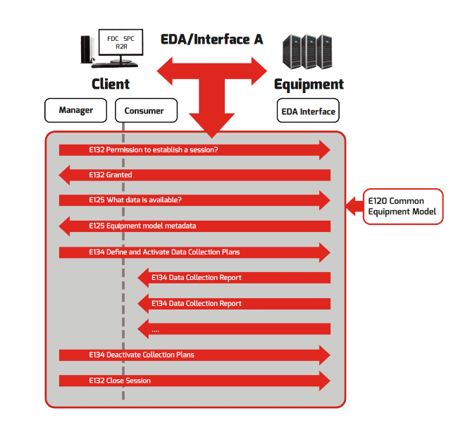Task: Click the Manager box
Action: pos(75,111)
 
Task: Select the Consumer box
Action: pos(144,111)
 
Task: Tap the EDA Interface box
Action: pos(307,111)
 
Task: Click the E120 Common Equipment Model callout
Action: pos(402,206)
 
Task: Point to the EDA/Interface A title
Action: pos(211,39)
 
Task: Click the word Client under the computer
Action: pos(111,85)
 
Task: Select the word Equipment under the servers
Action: pos(309,85)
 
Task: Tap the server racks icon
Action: pos(306,51)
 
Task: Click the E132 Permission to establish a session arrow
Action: pos(194,149)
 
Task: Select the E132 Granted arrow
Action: pos(194,175)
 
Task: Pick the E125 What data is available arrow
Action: pos(194,200)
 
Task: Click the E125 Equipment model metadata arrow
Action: pos(194,226)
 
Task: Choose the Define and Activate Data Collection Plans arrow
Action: pos(194,252)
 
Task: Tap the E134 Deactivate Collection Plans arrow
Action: pos(194,355)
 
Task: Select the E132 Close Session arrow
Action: pos(194,381)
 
